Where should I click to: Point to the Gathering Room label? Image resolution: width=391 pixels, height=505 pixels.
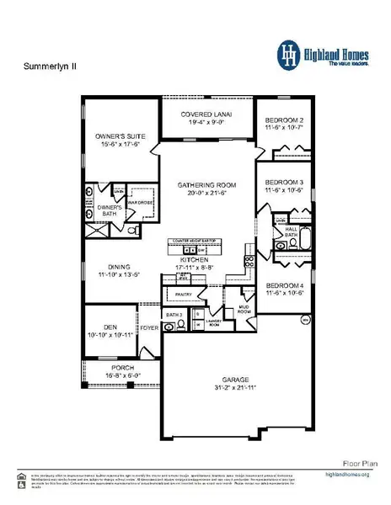click(206, 184)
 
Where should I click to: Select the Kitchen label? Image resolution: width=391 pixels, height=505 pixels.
click(195, 260)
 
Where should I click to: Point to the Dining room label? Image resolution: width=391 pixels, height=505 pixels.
click(112, 269)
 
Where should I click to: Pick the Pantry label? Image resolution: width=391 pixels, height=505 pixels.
click(185, 294)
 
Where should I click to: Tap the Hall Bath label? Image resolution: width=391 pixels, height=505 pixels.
click(292, 229)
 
